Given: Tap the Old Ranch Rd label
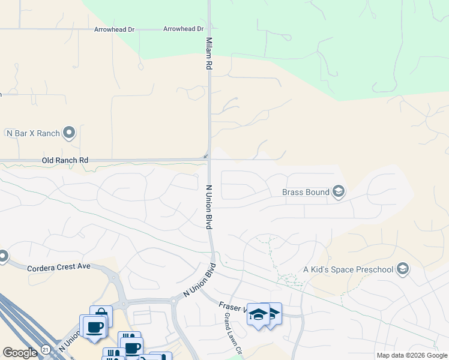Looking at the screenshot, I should tap(65, 160).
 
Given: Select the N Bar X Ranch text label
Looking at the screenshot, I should tap(33, 133).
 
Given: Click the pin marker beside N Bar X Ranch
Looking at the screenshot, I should tap(70, 132).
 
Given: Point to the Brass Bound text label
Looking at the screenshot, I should tap(306, 192).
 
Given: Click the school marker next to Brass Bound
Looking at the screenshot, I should tap(339, 192).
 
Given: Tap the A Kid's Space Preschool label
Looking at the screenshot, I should tap(348, 269).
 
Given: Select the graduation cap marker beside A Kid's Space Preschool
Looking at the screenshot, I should tap(403, 269).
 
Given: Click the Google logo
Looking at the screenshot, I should tap(20, 353).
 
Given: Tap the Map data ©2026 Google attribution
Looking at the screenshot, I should tap(412, 355).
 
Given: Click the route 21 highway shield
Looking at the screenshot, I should tap(46, 349).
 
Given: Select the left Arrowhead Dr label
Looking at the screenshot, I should tap(114, 29).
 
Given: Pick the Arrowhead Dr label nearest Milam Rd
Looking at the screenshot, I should tap(184, 29).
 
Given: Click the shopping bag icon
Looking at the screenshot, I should tap(101, 314).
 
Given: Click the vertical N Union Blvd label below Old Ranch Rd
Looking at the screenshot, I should tap(209, 206).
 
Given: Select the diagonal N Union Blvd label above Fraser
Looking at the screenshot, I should tap(199, 281).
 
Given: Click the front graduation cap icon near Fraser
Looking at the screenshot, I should tap(258, 315).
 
